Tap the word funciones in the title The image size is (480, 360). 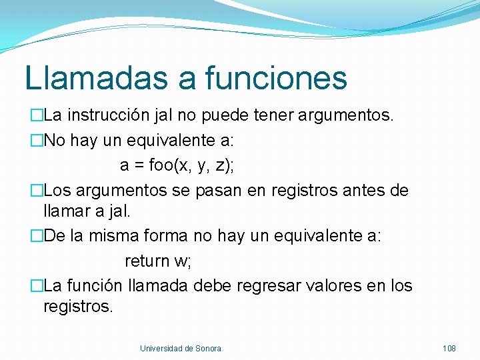click(x=275, y=78)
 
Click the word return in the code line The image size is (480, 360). click(x=147, y=261)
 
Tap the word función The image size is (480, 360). click(x=94, y=286)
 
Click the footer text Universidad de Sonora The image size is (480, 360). click(x=181, y=349)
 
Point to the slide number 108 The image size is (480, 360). click(x=449, y=349)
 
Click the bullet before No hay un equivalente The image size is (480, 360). click(x=37, y=141)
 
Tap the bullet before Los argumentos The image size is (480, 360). click(x=37, y=190)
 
